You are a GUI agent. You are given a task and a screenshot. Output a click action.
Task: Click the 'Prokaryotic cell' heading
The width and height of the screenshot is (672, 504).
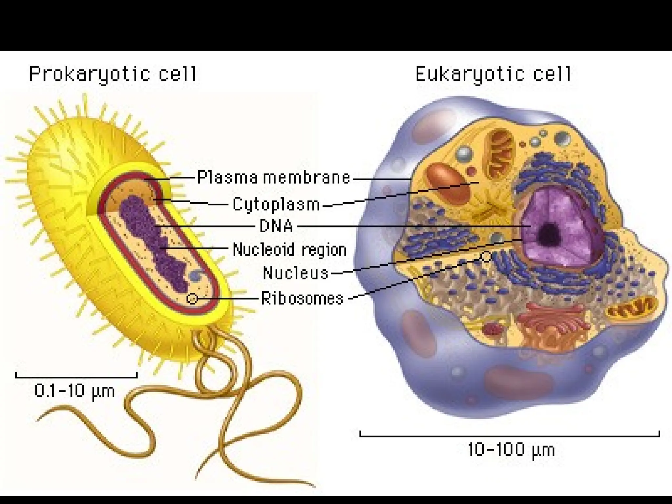click(113, 74)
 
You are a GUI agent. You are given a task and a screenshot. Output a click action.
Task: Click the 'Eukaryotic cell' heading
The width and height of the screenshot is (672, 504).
click(493, 74)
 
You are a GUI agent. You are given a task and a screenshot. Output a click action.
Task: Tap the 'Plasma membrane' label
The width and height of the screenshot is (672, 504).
click(274, 178)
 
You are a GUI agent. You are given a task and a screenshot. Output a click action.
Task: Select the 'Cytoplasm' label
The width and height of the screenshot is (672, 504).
click(276, 204)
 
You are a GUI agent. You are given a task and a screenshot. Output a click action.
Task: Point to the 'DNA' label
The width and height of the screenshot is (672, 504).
click(276, 226)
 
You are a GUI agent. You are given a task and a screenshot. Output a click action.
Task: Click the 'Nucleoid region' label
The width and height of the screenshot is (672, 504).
click(289, 250)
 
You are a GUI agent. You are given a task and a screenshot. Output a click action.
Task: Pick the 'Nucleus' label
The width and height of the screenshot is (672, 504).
click(295, 273)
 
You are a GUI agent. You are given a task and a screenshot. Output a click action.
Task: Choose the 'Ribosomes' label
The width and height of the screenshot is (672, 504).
click(302, 299)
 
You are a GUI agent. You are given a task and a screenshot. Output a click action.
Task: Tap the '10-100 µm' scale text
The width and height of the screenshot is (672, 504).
click(511, 450)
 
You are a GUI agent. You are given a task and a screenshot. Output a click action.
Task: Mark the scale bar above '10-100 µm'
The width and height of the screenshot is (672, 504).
click(510, 436)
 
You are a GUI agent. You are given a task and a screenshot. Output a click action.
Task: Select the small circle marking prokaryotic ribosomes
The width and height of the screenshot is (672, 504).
click(192, 299)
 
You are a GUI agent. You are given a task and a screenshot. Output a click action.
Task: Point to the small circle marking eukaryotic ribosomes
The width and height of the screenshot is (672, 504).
click(486, 256)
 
